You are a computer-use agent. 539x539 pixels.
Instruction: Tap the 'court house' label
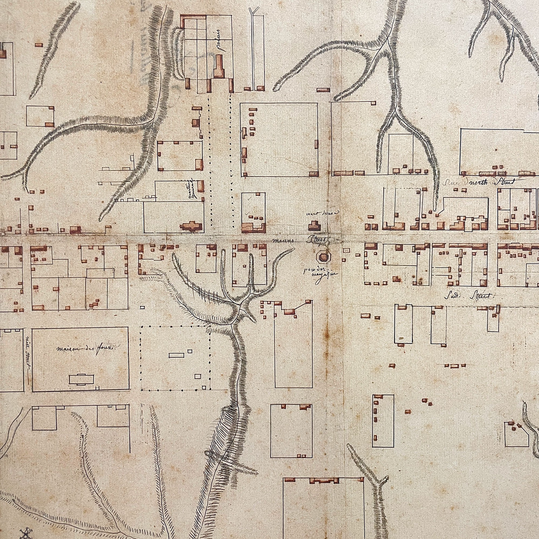click(322, 213)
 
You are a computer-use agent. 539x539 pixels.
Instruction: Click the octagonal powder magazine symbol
click(324, 256)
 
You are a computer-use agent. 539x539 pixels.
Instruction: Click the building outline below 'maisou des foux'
click(81, 379)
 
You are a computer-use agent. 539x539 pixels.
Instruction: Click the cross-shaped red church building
click(191, 226)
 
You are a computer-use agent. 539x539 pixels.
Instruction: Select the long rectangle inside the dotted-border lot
click(176, 355)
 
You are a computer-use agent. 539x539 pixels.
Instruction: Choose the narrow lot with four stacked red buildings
click(383, 421)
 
